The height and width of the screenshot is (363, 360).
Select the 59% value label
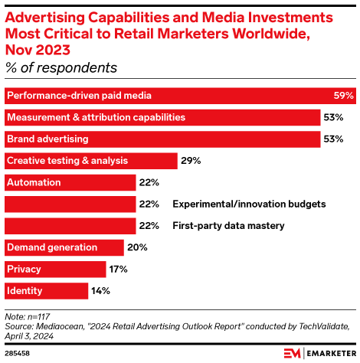coord(344,96)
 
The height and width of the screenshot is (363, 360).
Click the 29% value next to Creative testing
coord(191,161)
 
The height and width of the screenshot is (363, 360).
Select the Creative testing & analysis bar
coord(90,161)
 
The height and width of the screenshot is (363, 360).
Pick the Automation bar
coord(70,182)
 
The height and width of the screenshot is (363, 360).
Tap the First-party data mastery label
coord(228,226)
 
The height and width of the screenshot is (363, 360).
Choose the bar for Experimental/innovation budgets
coord(70,204)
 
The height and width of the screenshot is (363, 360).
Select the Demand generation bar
coord(64,247)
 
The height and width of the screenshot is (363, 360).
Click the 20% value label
coord(138,247)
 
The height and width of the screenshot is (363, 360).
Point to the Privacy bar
coord(55,269)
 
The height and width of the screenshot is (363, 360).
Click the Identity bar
coord(47,291)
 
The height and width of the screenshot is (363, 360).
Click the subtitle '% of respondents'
coord(61,68)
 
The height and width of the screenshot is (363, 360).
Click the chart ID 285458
coord(17,353)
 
